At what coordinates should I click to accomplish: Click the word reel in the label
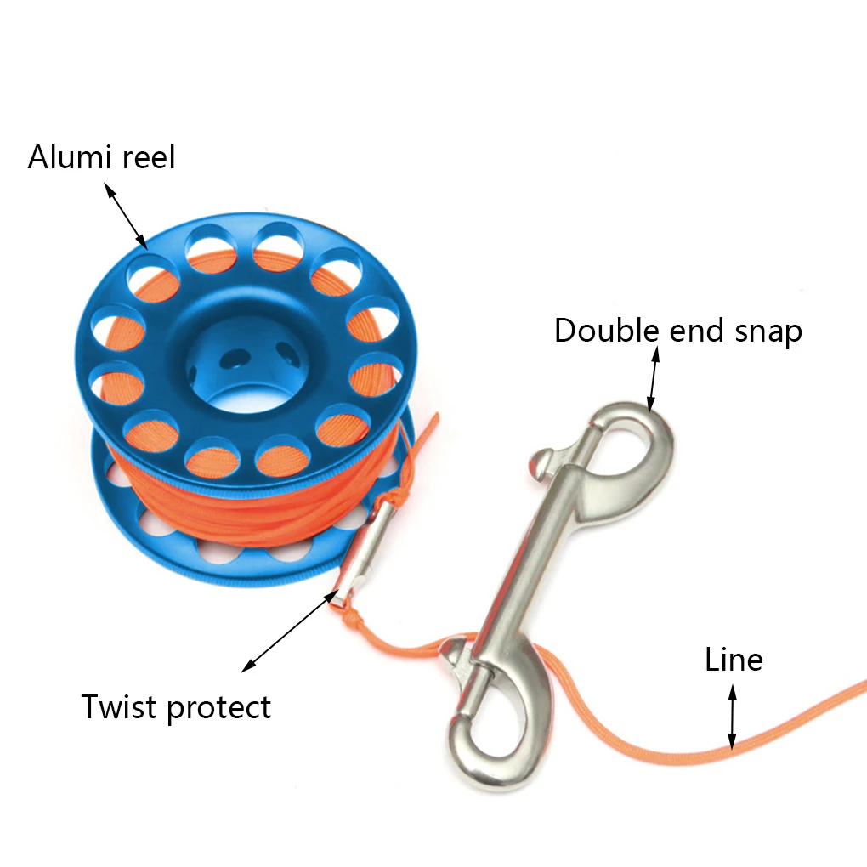(x=145, y=157)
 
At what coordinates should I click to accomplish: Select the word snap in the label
(x=765, y=331)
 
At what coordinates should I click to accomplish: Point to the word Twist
(x=119, y=706)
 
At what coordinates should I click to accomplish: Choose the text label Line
(x=734, y=660)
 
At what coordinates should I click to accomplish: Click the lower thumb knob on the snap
(x=452, y=654)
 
